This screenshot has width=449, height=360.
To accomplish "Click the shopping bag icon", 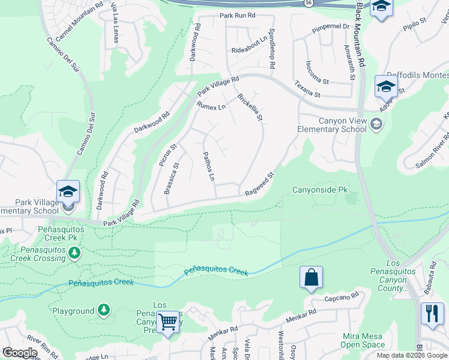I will (312, 278).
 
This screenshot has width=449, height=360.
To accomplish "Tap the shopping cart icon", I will (169, 322).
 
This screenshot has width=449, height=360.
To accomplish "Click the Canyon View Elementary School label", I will (333, 125).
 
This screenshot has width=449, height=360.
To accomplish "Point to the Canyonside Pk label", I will (320, 190).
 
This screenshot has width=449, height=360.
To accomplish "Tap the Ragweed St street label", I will (259, 184).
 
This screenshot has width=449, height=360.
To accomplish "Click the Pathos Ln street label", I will (208, 166).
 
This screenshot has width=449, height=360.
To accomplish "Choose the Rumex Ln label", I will (211, 106).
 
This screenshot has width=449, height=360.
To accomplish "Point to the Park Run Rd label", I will (237, 16).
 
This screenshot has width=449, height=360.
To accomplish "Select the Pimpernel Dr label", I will (331, 28).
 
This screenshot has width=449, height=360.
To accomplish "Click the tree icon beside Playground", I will (104, 310).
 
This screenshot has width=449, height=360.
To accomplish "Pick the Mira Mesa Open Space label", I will (363, 340).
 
